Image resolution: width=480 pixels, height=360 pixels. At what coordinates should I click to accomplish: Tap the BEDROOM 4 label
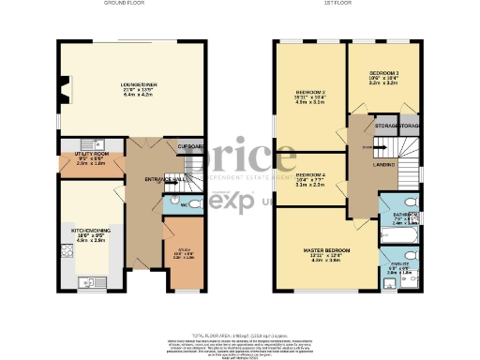(x=310, y=175)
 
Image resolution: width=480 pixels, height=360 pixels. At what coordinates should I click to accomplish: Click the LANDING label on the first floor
(x=382, y=165)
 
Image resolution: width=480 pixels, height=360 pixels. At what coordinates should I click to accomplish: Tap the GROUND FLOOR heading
(x=125, y=4)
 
